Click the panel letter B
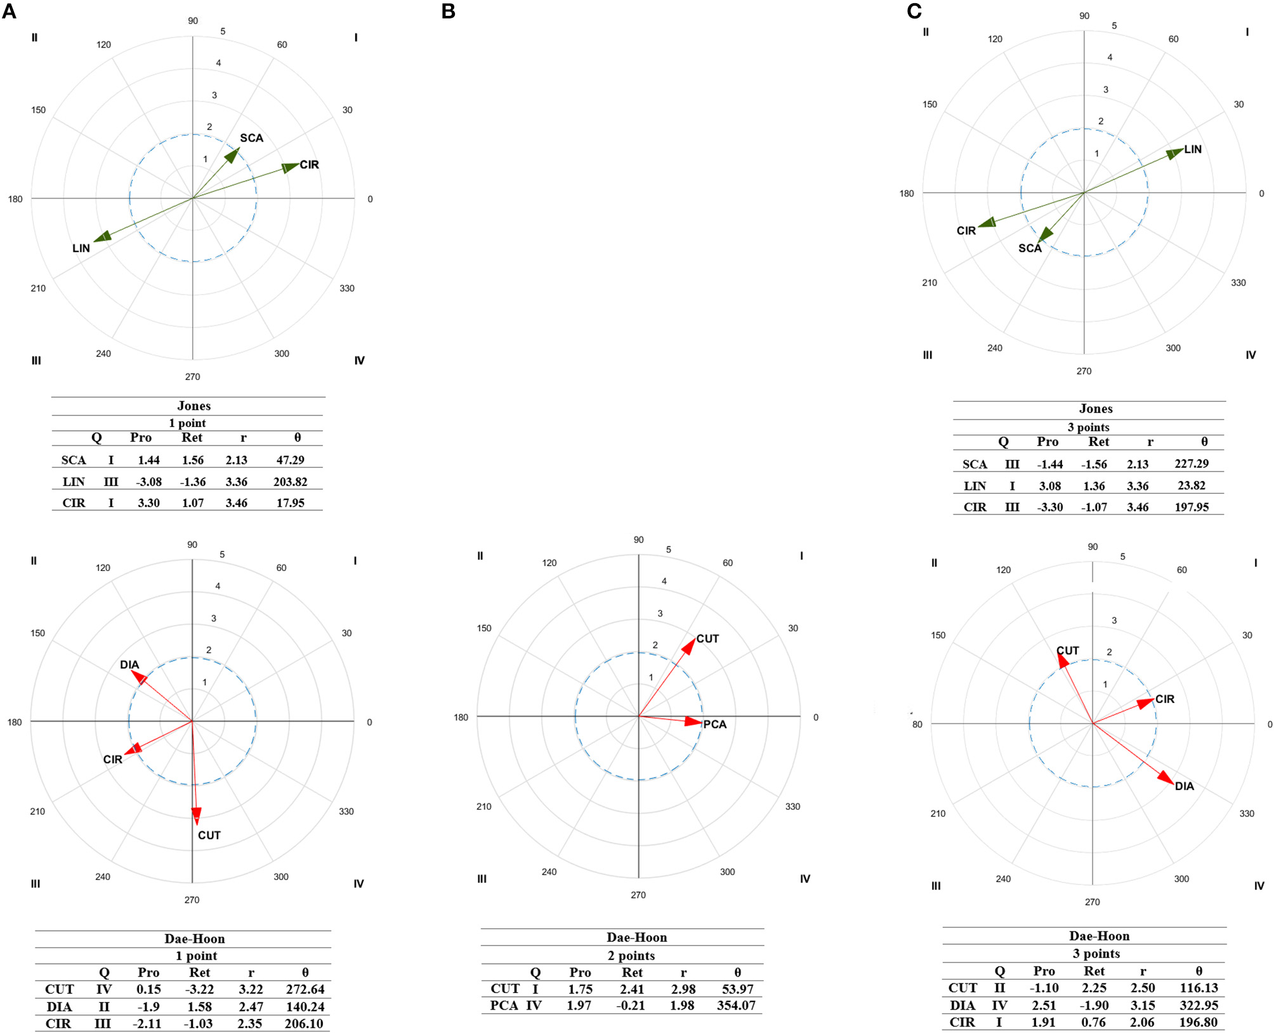[x=448, y=11]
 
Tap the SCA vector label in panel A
[x=251, y=138]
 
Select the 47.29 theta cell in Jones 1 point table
[x=290, y=460]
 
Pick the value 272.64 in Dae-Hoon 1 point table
[x=305, y=989]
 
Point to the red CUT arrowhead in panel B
[x=688, y=647]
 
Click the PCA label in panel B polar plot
[x=714, y=725]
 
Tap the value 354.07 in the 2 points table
[x=736, y=1006]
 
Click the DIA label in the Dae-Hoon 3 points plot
[x=1184, y=786]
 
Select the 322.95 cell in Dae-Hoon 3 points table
[x=1198, y=1005]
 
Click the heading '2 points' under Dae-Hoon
[x=631, y=956]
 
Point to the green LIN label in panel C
[x=1193, y=150]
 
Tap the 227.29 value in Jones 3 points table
[x=1191, y=464]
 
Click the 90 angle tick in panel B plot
[x=638, y=540]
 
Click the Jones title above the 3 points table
[x=1096, y=409]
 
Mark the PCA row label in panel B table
[x=504, y=1006]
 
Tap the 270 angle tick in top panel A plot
[x=192, y=377]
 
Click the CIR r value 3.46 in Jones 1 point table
[x=236, y=503]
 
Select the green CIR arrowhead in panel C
[x=987, y=222]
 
